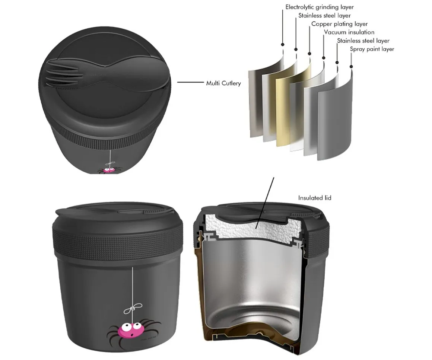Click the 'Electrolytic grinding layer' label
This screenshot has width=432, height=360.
[319, 7]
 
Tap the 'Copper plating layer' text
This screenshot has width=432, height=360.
[339, 24]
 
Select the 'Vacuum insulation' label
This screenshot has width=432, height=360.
[349, 32]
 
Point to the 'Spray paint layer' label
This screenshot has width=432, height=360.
[372, 49]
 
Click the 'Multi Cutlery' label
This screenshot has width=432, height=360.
[223, 83]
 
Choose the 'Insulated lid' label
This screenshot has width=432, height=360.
[315, 198]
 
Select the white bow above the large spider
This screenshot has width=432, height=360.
[133, 308]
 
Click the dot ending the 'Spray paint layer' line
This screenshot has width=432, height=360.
[351, 67]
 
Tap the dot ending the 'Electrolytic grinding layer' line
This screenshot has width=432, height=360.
[283, 45]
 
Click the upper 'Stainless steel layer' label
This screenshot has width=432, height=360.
[324, 16]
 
